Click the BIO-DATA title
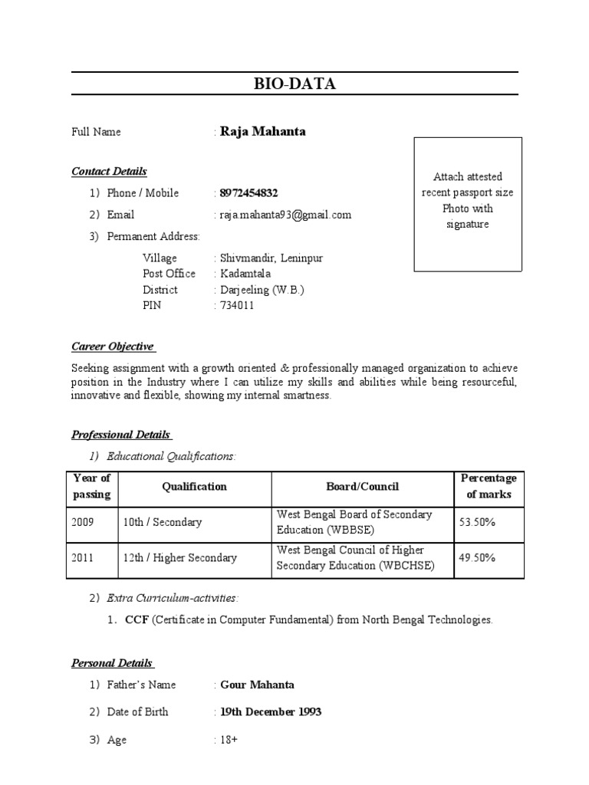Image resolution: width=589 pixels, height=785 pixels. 295,84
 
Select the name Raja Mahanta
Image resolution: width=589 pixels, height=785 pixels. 262,131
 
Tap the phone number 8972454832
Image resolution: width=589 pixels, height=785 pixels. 252,193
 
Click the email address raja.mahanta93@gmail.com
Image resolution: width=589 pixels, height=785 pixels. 285,215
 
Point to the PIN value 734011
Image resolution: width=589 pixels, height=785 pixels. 237,305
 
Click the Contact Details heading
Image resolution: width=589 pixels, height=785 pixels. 109,171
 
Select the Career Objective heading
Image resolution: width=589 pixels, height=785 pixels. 113,347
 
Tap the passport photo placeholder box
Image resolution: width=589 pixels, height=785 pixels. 468,204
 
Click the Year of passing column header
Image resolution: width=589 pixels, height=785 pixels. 92,486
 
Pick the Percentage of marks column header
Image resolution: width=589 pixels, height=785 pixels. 489,486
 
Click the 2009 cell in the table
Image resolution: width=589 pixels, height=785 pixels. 83,522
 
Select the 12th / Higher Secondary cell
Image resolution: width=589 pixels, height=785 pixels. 179,558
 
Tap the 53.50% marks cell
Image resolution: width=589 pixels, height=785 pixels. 477,522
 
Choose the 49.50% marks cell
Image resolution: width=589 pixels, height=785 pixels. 477,558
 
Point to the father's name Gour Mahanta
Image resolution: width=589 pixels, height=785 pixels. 257,685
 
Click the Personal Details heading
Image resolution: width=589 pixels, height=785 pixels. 112,663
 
